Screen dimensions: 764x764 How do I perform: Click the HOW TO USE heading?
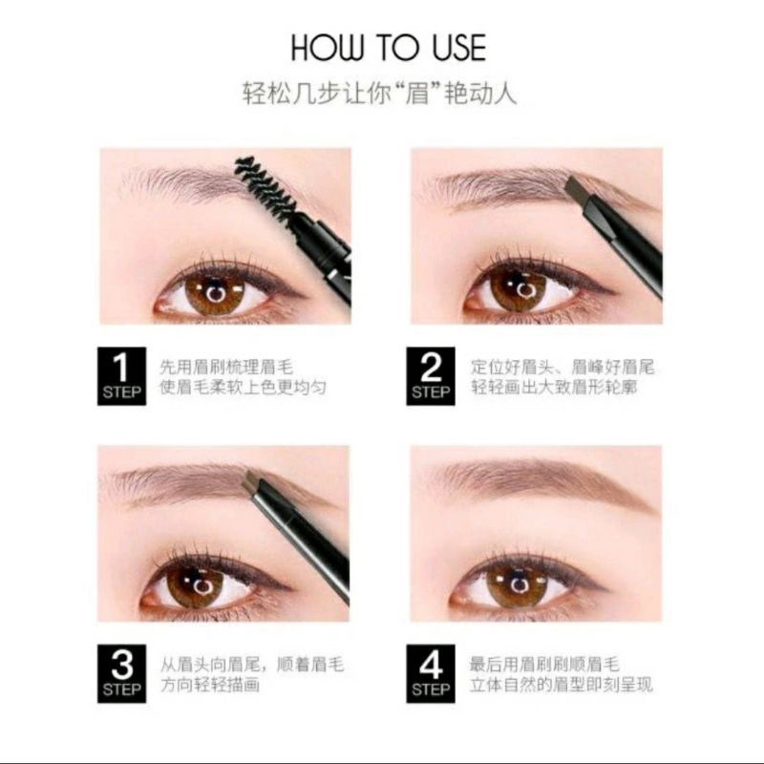click(388, 48)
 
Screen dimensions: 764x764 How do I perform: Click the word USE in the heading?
click(453, 48)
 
